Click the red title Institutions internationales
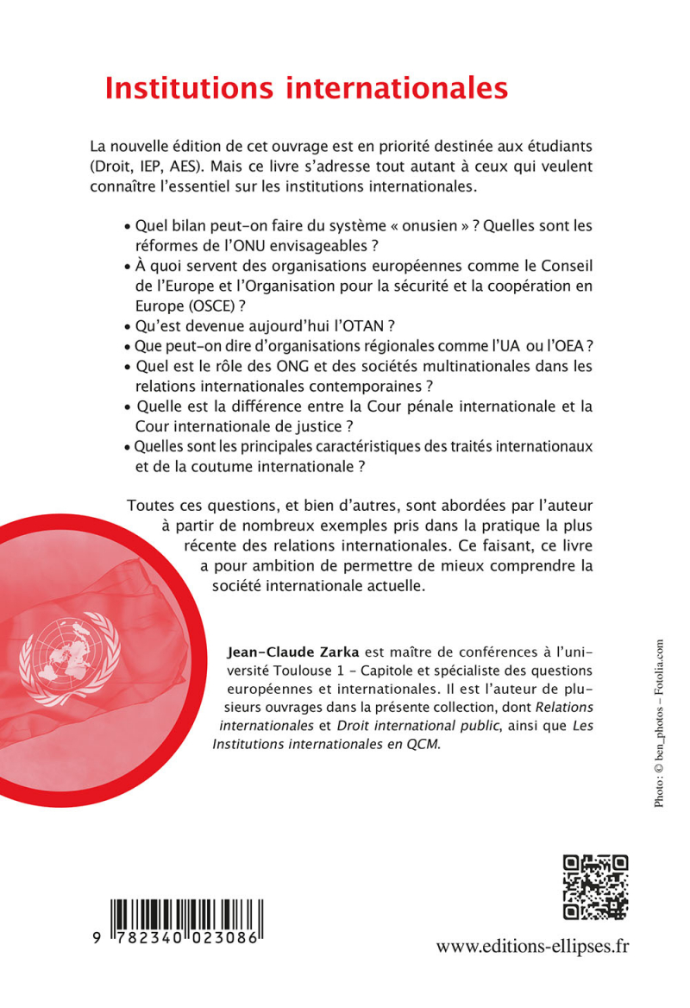coord(306,89)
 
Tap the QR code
coord(595,887)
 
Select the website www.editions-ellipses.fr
coord(532,947)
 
